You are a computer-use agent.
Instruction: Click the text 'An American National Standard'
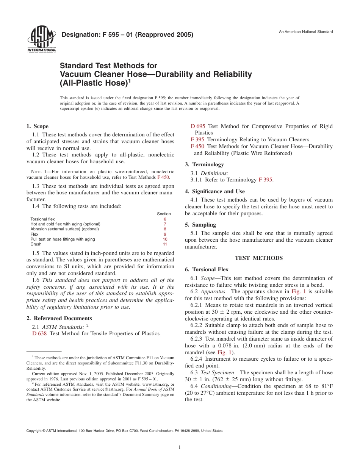(x=305, y=32)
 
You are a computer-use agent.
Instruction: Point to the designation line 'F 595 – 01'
(x=127, y=35)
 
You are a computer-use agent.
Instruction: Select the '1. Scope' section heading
(x=38, y=126)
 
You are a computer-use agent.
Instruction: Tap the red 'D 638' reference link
(x=39, y=333)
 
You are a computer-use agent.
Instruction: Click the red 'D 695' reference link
(x=198, y=126)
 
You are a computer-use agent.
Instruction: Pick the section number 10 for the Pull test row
(x=165, y=239)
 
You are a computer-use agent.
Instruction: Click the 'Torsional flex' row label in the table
(x=42, y=219)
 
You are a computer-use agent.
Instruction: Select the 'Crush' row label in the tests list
(x=36, y=244)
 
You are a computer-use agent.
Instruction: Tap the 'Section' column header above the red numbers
(x=164, y=214)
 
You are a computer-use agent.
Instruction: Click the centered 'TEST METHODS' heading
(x=259, y=258)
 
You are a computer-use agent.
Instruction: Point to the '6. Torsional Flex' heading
(x=207, y=269)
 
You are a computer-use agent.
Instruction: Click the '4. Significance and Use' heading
(x=214, y=191)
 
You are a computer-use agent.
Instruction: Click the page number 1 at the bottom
(x=180, y=447)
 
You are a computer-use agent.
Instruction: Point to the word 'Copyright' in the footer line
(x=34, y=431)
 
